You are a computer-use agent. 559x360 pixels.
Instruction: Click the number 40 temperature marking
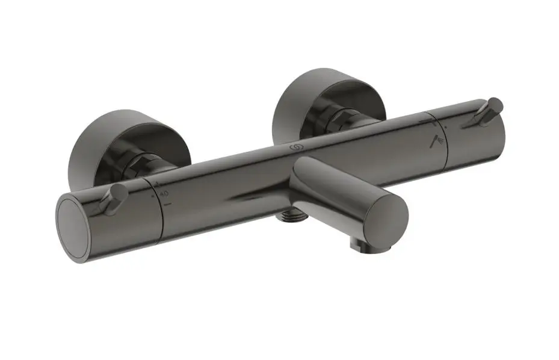(163, 193)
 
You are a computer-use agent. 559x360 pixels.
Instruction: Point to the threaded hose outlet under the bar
(289, 211)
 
